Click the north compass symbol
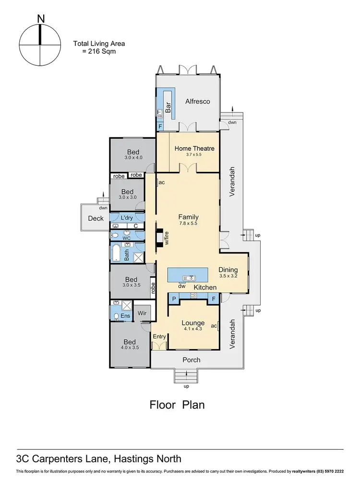(40, 45)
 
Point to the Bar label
(168, 108)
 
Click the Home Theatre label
(194, 148)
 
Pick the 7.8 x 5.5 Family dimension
(188, 223)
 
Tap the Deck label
(96, 218)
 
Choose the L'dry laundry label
(126, 218)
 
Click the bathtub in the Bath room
(117, 253)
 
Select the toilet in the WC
(115, 235)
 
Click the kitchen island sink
(192, 277)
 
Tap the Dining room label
(228, 270)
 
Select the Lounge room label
(193, 323)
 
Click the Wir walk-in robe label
(142, 312)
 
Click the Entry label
(159, 336)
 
